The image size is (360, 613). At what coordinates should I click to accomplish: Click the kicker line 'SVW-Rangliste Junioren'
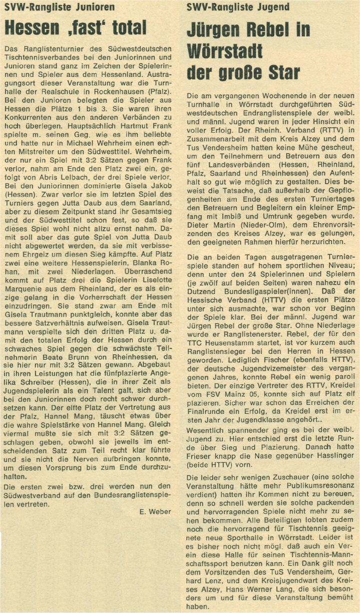click(59, 7)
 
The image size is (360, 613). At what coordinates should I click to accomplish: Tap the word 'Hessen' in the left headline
click(31, 27)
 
